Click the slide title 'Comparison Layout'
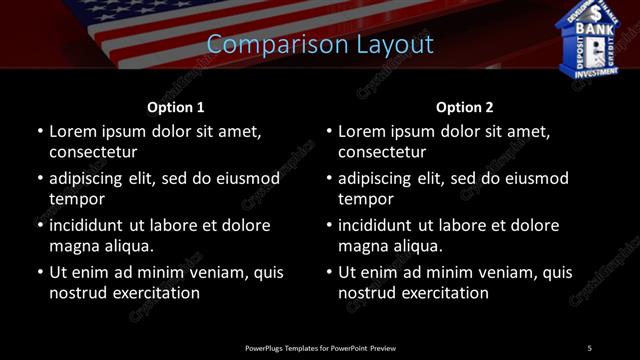point(320,45)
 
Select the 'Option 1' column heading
point(176,107)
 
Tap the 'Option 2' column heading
point(465,107)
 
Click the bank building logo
point(594,37)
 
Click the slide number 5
point(589,347)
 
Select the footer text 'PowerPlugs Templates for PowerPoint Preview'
point(320,347)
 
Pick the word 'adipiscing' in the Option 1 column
point(92,178)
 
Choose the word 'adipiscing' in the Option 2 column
point(381,178)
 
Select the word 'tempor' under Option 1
point(76,199)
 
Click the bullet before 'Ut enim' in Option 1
point(40,272)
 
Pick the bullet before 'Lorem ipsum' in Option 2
point(329,131)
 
